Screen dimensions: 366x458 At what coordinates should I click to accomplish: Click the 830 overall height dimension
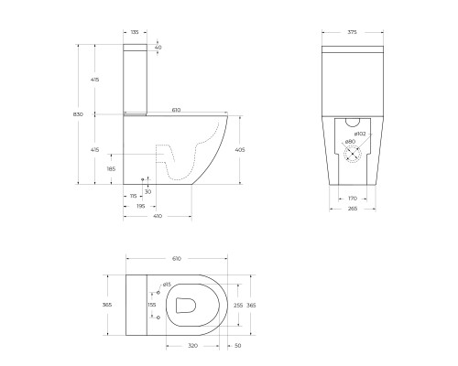(x=79, y=114)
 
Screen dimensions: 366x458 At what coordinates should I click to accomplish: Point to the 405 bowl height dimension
(x=239, y=149)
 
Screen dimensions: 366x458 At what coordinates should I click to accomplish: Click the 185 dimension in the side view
(x=111, y=169)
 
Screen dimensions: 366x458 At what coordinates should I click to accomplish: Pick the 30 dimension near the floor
(x=149, y=191)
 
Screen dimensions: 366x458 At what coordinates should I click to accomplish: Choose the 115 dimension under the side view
(x=133, y=197)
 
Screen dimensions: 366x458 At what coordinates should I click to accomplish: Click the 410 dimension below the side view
(x=157, y=217)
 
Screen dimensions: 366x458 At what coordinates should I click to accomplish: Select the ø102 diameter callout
(x=359, y=135)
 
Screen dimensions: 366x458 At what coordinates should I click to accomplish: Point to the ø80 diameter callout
(x=349, y=143)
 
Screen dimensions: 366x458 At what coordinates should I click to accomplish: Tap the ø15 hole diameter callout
(x=168, y=284)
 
